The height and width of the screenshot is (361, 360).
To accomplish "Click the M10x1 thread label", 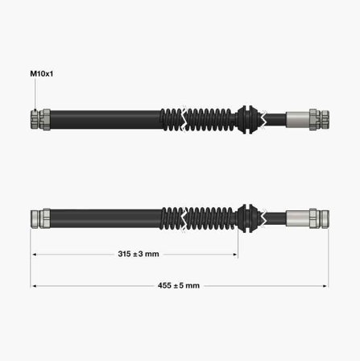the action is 42,73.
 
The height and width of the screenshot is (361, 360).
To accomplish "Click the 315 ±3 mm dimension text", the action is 139,254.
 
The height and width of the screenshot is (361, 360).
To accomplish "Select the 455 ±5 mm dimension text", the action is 179,285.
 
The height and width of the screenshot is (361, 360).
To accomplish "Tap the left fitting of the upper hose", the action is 40,119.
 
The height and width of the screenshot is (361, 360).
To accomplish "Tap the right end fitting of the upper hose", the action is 319,119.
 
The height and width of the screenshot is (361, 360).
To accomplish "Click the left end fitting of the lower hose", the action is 40,218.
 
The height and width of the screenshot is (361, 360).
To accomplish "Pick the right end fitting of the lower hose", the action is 319,218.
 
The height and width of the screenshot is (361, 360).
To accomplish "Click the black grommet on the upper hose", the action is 248,119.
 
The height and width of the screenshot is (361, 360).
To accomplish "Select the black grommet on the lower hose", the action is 248,218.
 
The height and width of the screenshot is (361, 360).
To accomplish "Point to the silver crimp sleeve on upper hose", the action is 298,119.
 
